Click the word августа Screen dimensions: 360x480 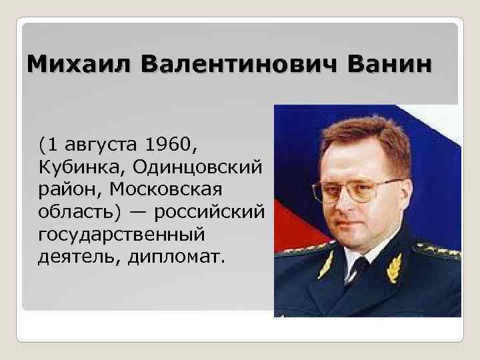point(101,143)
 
